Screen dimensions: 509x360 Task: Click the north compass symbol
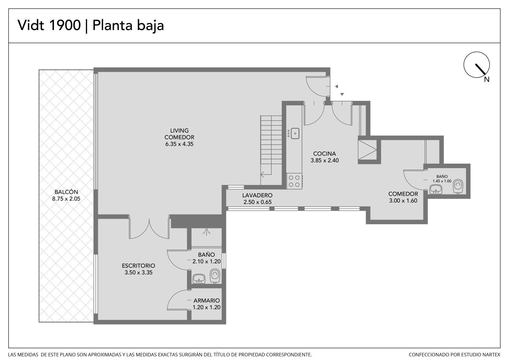coord(477,65)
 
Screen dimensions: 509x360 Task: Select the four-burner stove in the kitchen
coord(294,181)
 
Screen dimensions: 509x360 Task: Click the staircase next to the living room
coord(271,150)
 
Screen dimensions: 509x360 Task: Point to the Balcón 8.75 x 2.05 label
coord(66,195)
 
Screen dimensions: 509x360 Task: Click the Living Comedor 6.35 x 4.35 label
coord(179,137)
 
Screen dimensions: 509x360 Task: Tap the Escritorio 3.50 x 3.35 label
coord(138,269)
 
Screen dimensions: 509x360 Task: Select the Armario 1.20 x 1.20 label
coord(206,304)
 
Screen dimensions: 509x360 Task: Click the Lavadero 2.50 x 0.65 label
coord(257,199)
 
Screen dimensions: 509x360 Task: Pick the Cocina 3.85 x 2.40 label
coord(324,157)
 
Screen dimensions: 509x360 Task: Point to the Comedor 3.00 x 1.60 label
coord(403,197)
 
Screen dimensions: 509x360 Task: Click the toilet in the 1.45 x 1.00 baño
coord(458,186)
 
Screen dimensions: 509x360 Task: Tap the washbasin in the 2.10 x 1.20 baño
coord(199,279)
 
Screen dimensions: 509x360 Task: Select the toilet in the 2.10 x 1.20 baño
coord(215,276)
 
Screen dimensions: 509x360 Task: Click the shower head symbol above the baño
coord(206,232)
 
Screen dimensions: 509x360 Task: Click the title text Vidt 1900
coord(49,25)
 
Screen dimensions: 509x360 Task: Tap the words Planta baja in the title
coord(128,25)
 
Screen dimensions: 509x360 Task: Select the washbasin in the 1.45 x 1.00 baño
coord(436,189)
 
